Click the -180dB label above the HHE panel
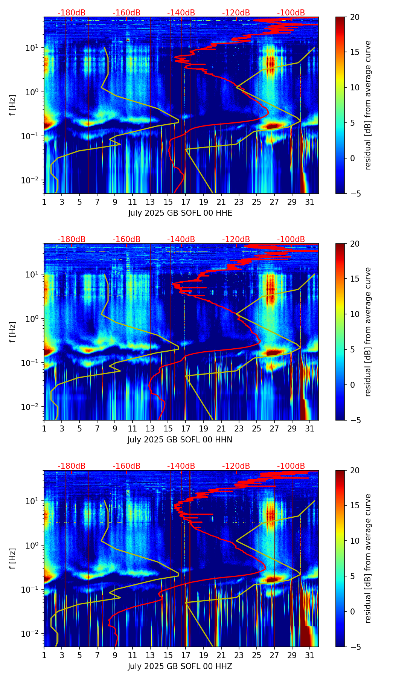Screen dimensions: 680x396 [x=72, y=13]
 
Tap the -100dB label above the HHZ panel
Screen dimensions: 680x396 [x=291, y=466]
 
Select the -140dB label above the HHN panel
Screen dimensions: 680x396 [x=181, y=239]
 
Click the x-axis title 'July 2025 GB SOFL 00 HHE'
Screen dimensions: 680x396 [x=180, y=213]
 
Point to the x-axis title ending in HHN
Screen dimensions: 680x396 [x=180, y=440]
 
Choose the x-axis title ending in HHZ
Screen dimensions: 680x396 [x=180, y=666]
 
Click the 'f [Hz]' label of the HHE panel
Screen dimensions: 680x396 [x=13, y=105]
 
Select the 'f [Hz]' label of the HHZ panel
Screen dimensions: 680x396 [x=13, y=559]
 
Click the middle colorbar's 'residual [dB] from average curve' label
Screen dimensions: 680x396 [x=368, y=332]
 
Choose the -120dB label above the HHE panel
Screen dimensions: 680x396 [x=236, y=13]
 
